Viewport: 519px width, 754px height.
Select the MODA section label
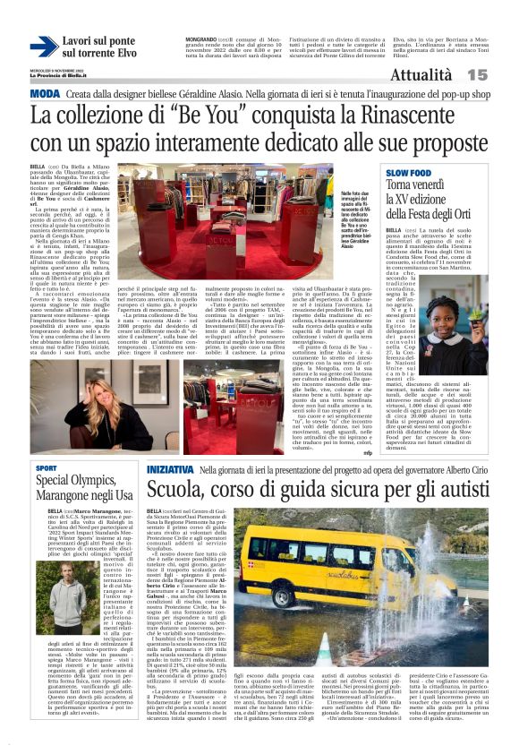coord(46,93)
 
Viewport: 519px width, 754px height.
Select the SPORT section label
coord(47,468)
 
